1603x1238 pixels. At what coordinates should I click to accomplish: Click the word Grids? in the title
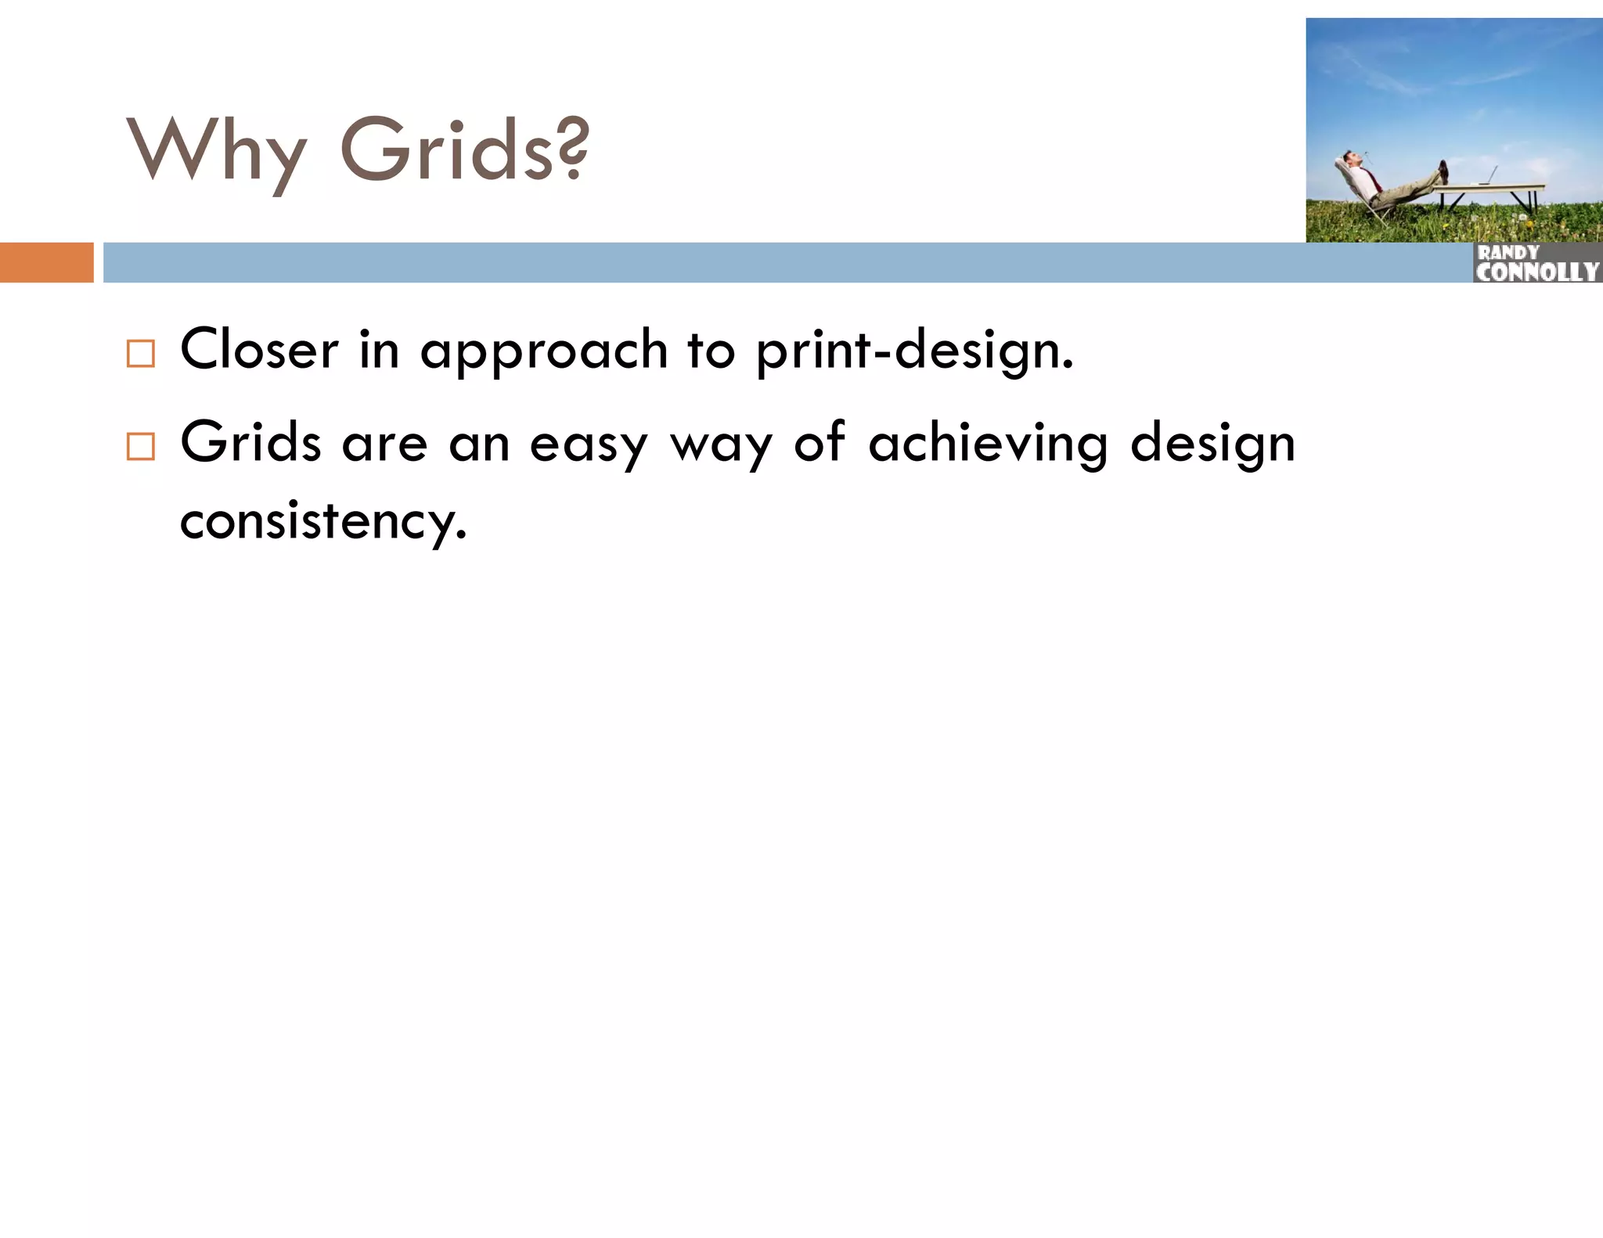click(x=463, y=149)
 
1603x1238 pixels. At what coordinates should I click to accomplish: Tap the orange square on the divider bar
click(x=46, y=262)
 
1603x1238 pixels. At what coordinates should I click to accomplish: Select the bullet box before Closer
click(x=141, y=354)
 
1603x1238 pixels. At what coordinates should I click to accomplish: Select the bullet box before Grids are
click(x=141, y=447)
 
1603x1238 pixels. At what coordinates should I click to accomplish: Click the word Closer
click(x=259, y=350)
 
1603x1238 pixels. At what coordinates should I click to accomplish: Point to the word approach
click(x=543, y=352)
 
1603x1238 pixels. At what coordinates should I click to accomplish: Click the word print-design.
click(x=913, y=352)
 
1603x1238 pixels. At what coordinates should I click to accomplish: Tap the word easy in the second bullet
click(x=589, y=445)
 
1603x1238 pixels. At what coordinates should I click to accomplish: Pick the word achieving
click(x=989, y=444)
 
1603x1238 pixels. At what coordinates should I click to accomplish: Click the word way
click(x=721, y=447)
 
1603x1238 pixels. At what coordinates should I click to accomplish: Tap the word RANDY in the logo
click(x=1508, y=253)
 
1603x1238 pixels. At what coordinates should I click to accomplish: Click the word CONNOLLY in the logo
click(x=1536, y=272)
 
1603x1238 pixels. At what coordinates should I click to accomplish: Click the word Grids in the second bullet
click(x=250, y=443)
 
